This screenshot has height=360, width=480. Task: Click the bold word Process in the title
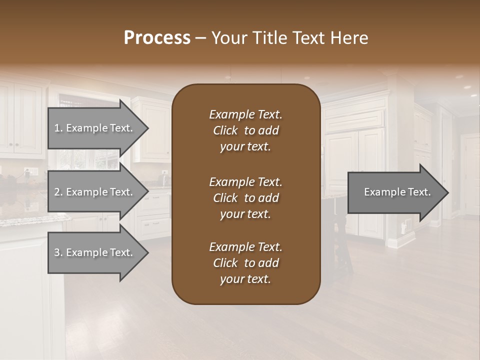click(x=157, y=38)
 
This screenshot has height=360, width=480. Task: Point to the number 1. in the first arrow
click(x=58, y=128)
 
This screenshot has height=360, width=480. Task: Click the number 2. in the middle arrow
click(x=58, y=192)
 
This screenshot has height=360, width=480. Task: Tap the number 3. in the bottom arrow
click(x=58, y=252)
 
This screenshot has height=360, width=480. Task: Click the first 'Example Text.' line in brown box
click(x=245, y=114)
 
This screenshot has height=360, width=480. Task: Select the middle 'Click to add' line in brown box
click(x=245, y=198)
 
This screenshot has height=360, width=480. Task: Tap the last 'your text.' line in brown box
click(x=245, y=279)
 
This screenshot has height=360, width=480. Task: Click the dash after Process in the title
click(x=200, y=38)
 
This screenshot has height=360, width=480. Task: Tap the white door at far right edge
click(x=471, y=175)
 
